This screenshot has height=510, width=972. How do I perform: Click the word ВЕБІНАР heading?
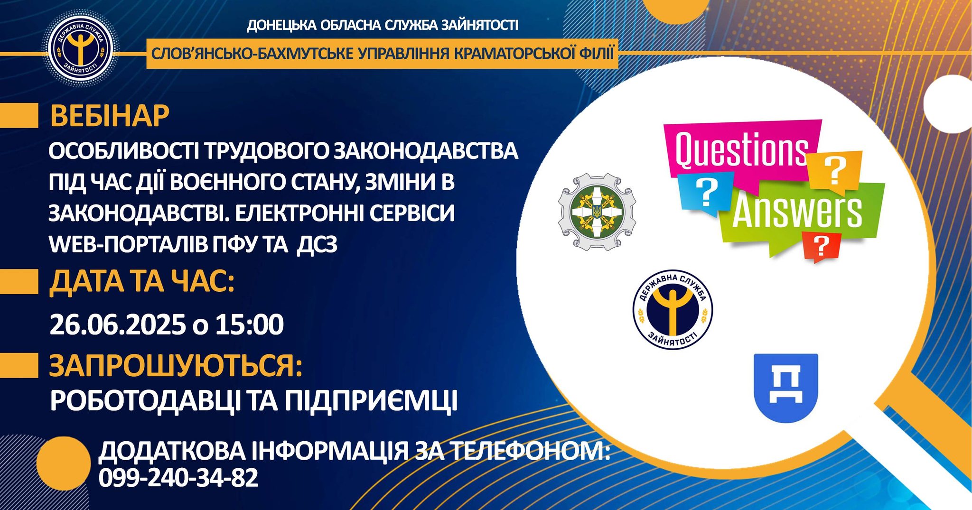click(110, 116)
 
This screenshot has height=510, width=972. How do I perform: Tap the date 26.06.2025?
click(118, 325)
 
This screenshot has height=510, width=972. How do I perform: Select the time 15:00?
click(250, 325)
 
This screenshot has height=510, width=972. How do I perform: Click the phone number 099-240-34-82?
click(178, 478)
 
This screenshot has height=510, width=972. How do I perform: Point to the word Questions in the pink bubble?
click(741, 151)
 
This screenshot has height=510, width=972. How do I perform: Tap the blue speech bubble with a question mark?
click(706, 192)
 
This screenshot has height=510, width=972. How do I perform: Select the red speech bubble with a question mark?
click(821, 246)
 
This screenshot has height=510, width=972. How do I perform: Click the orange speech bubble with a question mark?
click(834, 171)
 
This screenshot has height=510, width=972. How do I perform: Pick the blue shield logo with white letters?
click(786, 388)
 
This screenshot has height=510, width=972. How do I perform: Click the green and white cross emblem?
click(597, 212)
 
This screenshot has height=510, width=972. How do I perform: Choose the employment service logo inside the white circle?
click(673, 310)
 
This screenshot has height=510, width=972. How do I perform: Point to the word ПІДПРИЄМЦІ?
click(372, 401)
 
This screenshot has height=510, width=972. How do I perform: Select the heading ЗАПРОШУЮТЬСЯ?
click(176, 366)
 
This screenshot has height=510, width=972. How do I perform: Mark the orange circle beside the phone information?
click(63, 464)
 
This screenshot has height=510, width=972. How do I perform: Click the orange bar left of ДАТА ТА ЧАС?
click(19, 282)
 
